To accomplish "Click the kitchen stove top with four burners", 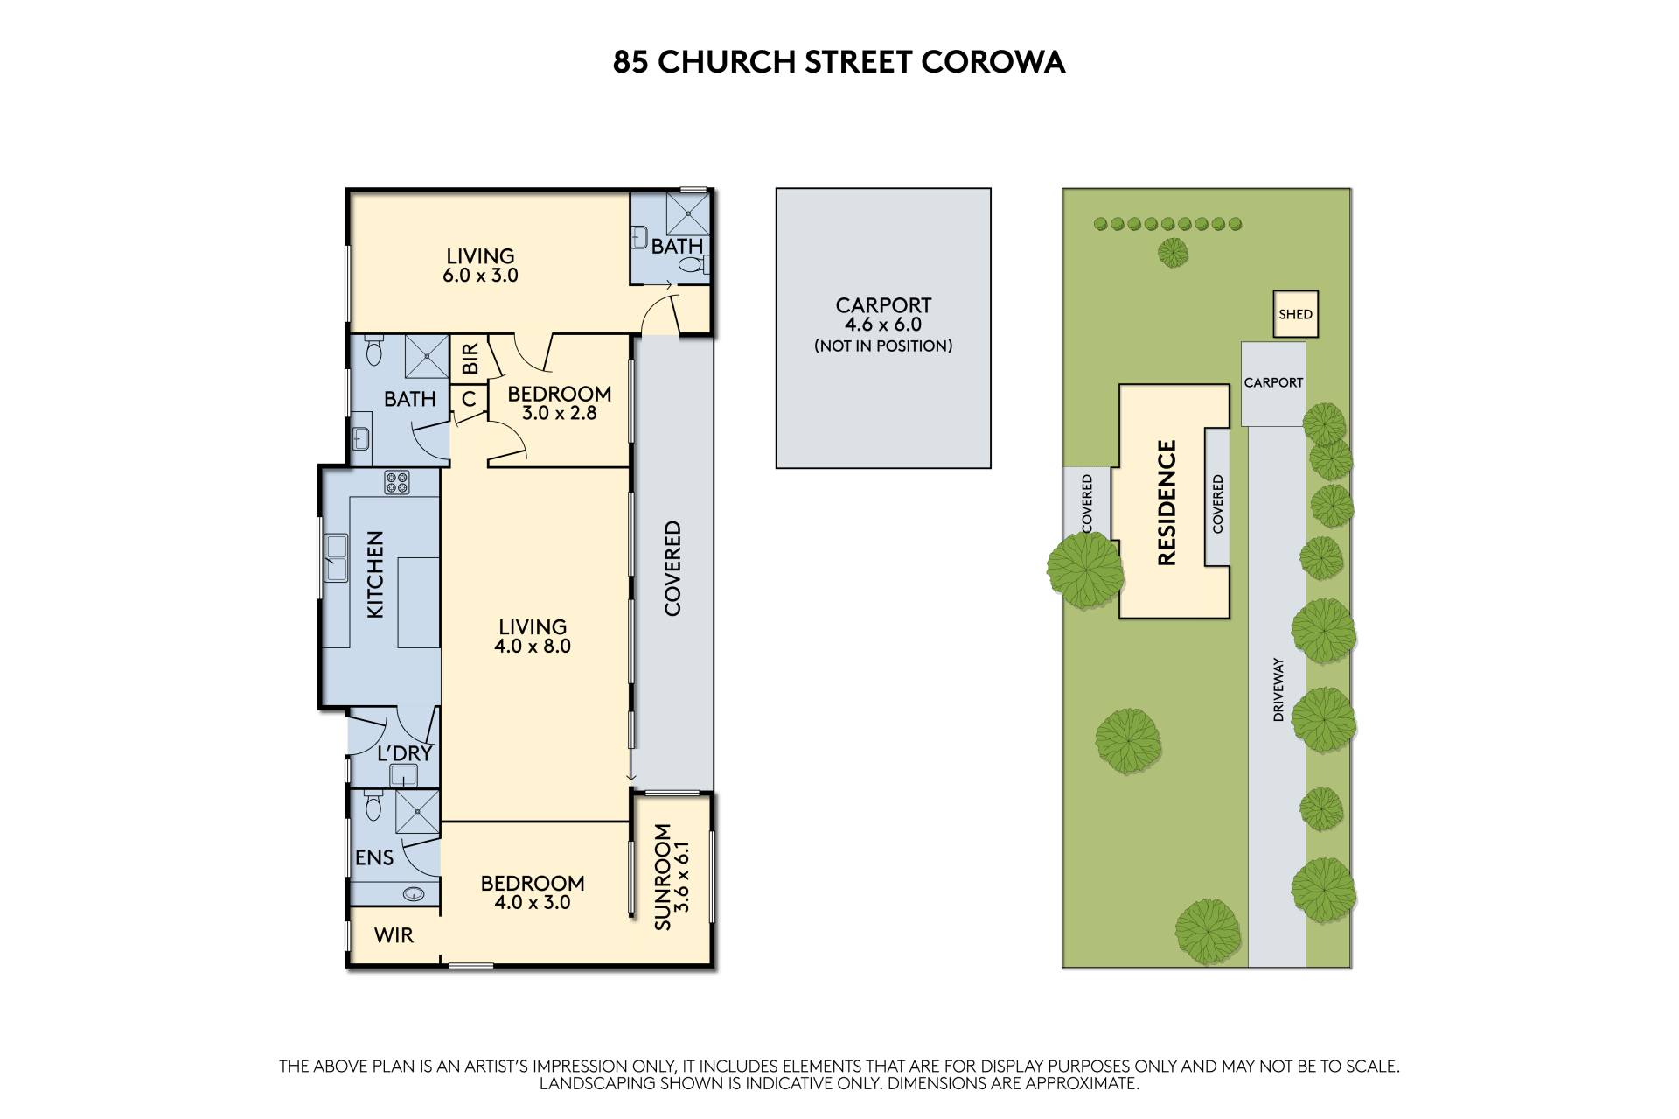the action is pyautogui.click(x=397, y=483).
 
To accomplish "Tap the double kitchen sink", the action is pyautogui.click(x=337, y=558).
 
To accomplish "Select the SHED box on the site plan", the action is pyautogui.click(x=1295, y=314).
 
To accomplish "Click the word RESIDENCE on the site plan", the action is pyautogui.click(x=1167, y=502).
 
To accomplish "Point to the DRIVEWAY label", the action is pyautogui.click(x=1278, y=689).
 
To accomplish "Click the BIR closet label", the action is pyautogui.click(x=470, y=359).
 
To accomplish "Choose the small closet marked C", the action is pyautogui.click(x=469, y=399).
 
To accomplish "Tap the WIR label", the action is pyautogui.click(x=394, y=935).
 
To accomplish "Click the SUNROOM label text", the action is pyautogui.click(x=662, y=877).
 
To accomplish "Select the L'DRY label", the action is pyautogui.click(x=405, y=753).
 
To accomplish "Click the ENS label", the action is pyautogui.click(x=374, y=857).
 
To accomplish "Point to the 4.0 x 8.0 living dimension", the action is pyautogui.click(x=533, y=647).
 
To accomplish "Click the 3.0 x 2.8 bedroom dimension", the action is pyautogui.click(x=559, y=413).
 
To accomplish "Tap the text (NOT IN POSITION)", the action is pyautogui.click(x=883, y=346).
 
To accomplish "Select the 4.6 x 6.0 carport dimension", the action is pyautogui.click(x=883, y=325).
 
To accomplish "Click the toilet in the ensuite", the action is pyautogui.click(x=373, y=805).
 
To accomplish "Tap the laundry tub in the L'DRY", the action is pyautogui.click(x=403, y=775).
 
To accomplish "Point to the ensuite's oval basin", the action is pyautogui.click(x=414, y=894).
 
